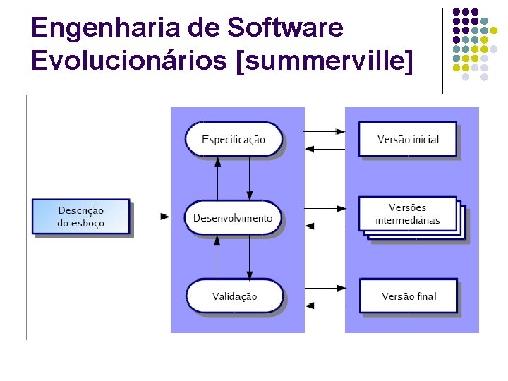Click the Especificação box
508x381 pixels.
coord(234,139)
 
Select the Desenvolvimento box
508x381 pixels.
coord(234,218)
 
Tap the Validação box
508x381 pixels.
coord(234,296)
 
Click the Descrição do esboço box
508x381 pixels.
coord(80,217)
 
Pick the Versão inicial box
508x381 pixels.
coord(408,139)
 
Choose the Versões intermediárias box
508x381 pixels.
coord(408,214)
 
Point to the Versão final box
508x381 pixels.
coord(408,296)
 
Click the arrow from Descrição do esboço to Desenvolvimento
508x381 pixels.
coord(151,217)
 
